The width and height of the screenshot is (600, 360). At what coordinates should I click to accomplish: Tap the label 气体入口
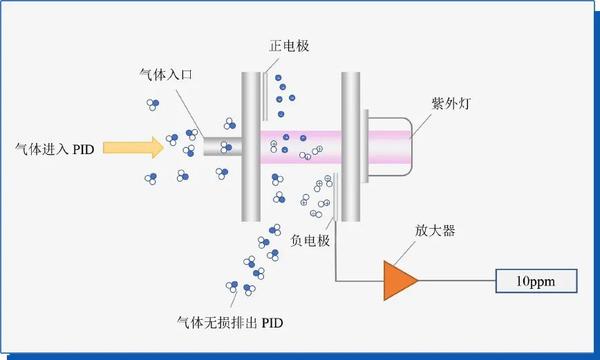pyautogui.click(x=161, y=75)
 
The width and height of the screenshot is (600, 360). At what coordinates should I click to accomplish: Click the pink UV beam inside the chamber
pyautogui.click(x=300, y=146)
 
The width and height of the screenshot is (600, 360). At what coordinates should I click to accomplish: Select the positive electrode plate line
pyautogui.click(x=266, y=96)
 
